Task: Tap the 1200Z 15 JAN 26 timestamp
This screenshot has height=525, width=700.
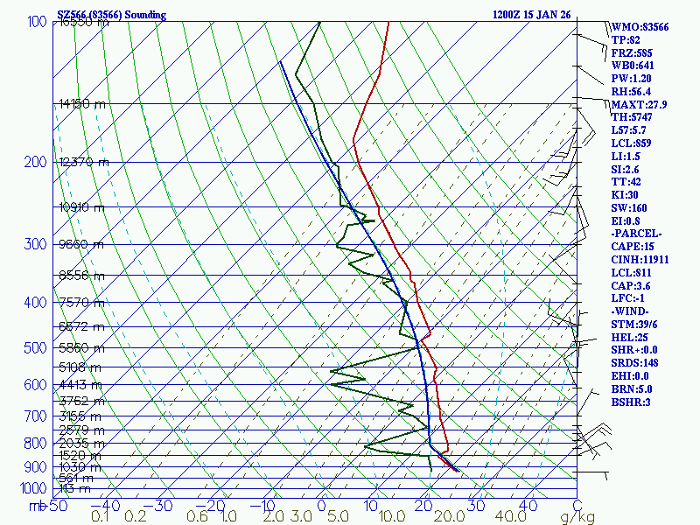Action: point(531,15)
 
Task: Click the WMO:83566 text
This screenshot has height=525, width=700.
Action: point(640,27)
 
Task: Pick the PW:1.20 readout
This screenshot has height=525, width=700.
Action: point(633,79)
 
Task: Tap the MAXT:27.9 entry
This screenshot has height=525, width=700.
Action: point(639,105)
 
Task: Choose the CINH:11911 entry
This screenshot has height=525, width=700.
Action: point(641,260)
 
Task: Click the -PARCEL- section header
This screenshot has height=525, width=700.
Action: point(638,234)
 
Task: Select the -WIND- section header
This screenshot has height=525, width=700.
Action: point(636,311)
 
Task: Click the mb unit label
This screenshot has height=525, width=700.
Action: point(35,506)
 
